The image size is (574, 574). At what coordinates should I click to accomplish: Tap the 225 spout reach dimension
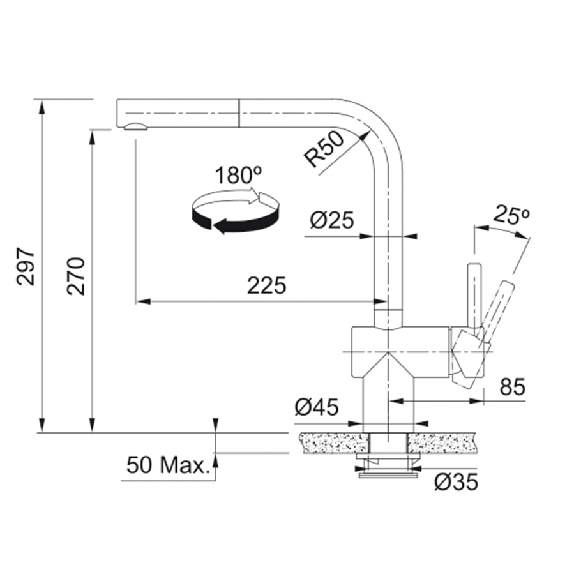point(267,285)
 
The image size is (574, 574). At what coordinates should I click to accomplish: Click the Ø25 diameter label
point(332,220)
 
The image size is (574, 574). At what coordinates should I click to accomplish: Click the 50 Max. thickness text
point(168,465)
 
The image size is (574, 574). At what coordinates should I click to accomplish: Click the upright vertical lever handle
point(474,294)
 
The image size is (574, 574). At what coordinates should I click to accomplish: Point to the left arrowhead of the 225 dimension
point(142,300)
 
